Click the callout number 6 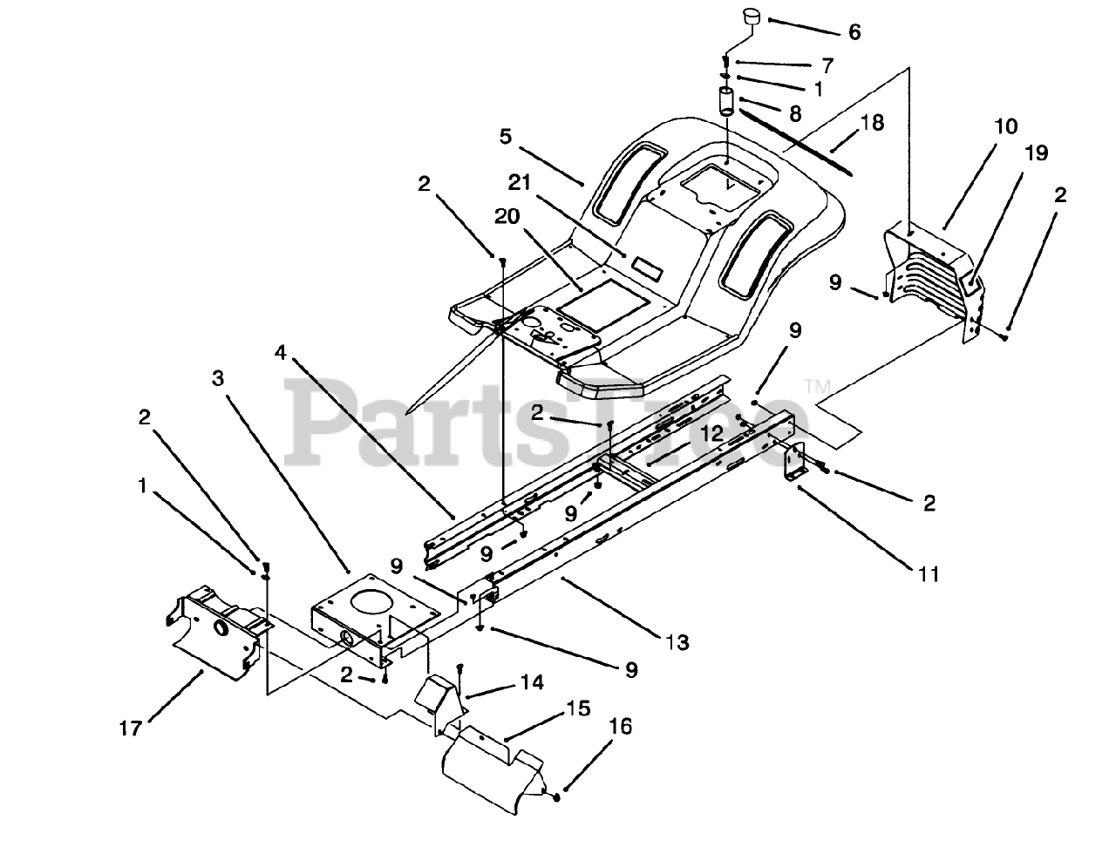(x=854, y=32)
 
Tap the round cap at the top (x=752, y=17)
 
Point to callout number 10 (x=1004, y=127)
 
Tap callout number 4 (x=279, y=353)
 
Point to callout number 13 (x=677, y=643)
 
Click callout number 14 (x=532, y=682)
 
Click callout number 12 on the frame (x=711, y=432)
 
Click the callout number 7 (x=826, y=65)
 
